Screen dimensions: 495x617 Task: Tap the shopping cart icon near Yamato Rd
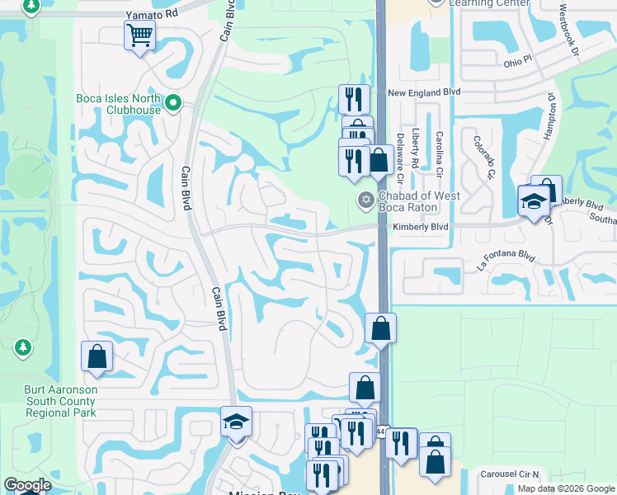pos(139,35)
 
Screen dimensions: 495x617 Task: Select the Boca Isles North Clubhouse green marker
pos(173,103)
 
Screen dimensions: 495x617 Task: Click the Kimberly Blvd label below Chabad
pos(421,227)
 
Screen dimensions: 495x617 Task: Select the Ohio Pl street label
pos(519,62)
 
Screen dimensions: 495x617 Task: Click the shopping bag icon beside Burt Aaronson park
pos(97,356)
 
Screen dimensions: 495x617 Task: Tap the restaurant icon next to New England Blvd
pos(353,98)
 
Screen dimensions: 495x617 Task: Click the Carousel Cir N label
pos(511,474)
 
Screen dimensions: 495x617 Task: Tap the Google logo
pos(27,485)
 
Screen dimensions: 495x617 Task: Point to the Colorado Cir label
pos(483,156)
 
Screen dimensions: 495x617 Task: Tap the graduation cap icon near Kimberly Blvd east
pos(533,201)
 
